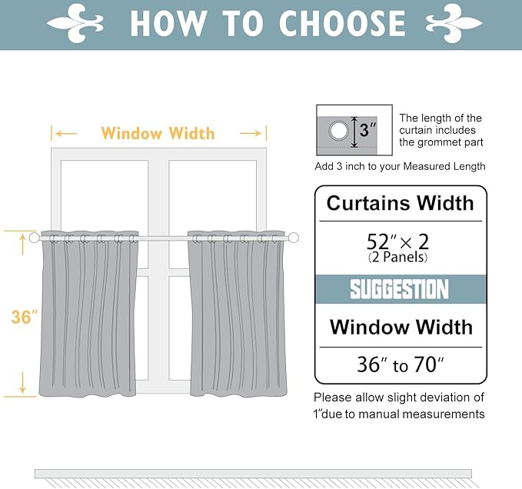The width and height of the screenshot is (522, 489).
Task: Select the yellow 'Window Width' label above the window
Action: pyautogui.click(x=158, y=133)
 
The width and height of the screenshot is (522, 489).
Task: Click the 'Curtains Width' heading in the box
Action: pyautogui.click(x=400, y=203)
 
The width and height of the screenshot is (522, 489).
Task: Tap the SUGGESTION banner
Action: pyautogui.click(x=400, y=290)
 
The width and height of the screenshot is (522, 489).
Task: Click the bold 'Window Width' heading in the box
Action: pyautogui.click(x=401, y=327)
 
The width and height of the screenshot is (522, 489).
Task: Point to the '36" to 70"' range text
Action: pyautogui.click(x=401, y=364)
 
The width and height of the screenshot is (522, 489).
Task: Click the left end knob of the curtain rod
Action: pyautogui.click(x=34, y=238)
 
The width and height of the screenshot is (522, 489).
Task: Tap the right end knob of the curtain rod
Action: pyautogui.click(x=293, y=238)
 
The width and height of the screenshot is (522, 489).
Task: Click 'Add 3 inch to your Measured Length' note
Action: pyautogui.click(x=400, y=166)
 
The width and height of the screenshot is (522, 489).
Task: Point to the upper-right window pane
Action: pyautogui.click(x=213, y=192)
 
